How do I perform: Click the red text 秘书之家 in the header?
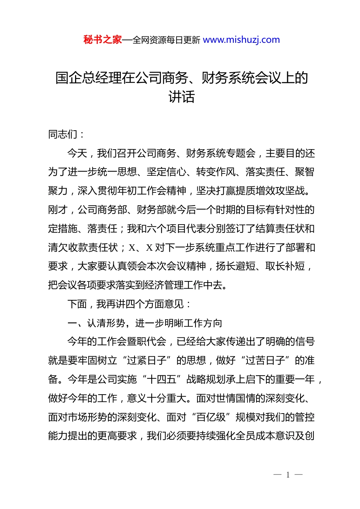coord(103,40)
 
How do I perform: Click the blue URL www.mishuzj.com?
coord(241,40)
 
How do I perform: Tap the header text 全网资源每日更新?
coord(166,40)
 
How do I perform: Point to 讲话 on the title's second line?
coord(182,97)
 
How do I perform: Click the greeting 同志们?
coord(63,134)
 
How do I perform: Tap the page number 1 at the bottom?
coord(288,475)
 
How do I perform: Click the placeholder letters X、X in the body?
coord(141,248)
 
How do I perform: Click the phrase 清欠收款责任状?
coord(83,248)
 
